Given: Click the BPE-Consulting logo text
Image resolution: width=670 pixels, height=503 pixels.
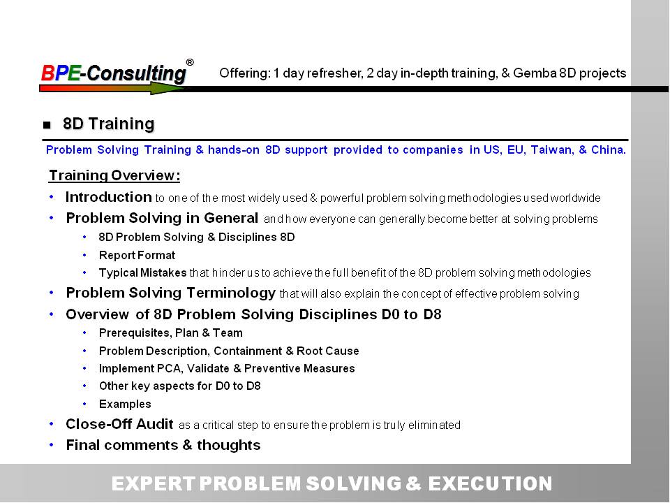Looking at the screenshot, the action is coord(114,73).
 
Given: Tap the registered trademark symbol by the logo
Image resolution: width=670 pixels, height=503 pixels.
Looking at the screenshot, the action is coord(190,62).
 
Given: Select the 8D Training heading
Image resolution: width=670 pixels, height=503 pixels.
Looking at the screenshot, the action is coord(109,124).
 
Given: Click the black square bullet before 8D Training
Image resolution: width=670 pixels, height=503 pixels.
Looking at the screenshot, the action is coord(47,125).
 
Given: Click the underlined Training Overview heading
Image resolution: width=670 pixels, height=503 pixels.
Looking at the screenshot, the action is coord(114,175).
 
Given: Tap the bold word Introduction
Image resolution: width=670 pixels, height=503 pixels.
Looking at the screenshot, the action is coord(109,197).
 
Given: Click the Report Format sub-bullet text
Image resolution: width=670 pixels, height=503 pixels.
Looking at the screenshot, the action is coord(137,256).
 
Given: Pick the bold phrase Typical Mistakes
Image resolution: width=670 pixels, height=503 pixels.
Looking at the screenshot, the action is coord(142,273).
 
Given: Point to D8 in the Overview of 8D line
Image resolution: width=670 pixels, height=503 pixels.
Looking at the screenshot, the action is coord(433,314).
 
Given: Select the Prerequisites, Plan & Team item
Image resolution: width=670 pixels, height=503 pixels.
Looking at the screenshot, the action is coord(171,333).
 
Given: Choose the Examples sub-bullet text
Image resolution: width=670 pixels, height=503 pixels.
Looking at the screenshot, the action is coord(125,404).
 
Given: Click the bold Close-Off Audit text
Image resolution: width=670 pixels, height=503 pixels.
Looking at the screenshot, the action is coord(119,424).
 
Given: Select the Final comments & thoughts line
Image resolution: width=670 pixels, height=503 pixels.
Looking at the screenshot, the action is coord(163,445).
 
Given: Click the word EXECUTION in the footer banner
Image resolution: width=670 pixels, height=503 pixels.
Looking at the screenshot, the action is coord(490,483).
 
